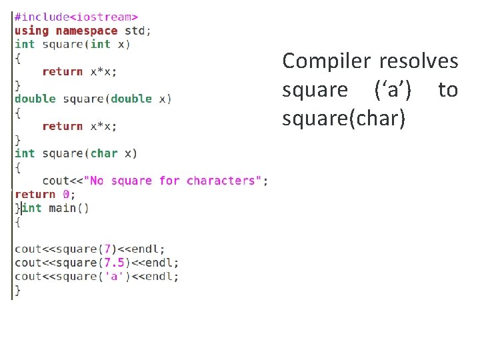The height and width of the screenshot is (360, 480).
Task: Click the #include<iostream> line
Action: tap(77, 17)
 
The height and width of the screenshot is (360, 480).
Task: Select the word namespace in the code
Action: tap(86, 31)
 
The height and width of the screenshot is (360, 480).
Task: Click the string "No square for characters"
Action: tap(174, 181)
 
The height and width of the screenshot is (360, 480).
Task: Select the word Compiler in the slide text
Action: tap(326, 61)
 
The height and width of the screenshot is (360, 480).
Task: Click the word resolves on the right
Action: tap(419, 61)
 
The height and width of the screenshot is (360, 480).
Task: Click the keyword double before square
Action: tap(35, 99)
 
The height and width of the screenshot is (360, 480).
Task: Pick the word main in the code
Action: tap(62, 208)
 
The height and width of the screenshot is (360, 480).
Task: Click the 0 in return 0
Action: tap(66, 195)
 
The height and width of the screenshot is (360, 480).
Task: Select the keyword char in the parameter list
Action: tap(103, 153)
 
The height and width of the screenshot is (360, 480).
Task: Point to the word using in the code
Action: tap(31, 31)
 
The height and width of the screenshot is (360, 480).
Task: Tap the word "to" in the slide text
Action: tap(448, 89)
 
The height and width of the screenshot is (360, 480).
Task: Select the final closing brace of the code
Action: tap(18, 290)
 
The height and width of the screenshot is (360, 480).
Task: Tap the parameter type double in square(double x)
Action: tap(131, 99)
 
